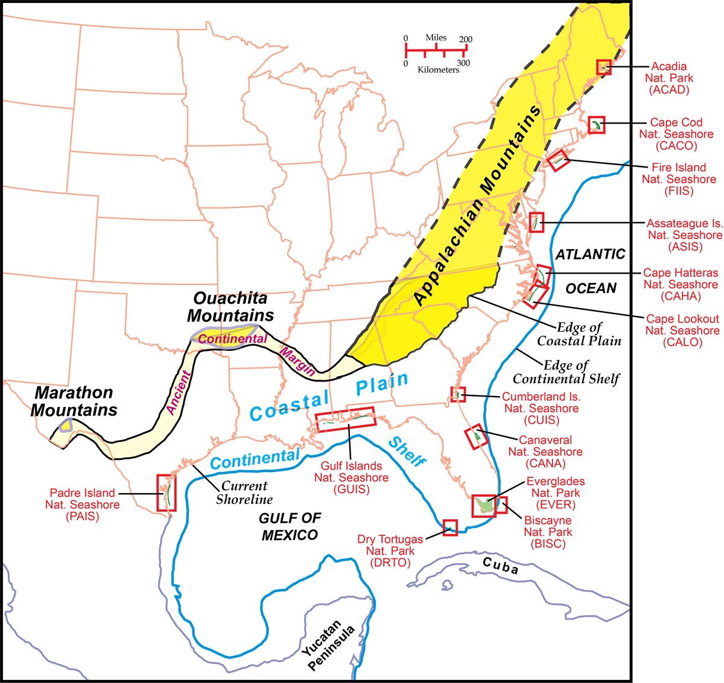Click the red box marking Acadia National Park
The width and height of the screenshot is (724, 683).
603,67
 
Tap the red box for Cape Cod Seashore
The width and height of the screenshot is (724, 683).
596,125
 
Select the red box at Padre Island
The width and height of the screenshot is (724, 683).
167,493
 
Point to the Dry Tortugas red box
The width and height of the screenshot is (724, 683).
450,527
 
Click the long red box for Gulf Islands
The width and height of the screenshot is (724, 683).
346,419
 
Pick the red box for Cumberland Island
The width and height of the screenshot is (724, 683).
459,394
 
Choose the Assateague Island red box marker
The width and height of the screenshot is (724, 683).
536,222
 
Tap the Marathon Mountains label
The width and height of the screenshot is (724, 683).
74,401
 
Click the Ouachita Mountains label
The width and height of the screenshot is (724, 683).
230,307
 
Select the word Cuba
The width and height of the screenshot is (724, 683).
501,567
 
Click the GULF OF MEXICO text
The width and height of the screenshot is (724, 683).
290,526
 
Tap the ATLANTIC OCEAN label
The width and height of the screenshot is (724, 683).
591,271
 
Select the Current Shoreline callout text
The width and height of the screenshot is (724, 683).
244,493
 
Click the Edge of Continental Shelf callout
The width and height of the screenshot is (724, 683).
566,372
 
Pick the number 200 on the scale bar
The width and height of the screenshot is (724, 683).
465,39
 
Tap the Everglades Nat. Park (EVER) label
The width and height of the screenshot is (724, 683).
555,493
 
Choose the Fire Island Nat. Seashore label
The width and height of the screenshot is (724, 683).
679,179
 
